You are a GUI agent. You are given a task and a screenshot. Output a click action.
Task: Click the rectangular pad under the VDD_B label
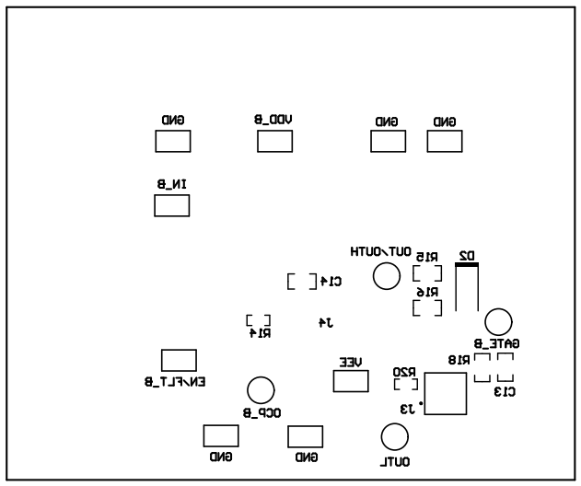[273, 141]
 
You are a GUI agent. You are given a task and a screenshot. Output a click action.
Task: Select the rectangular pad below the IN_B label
[171, 205]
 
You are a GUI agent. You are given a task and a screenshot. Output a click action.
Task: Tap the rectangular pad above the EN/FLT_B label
[179, 360]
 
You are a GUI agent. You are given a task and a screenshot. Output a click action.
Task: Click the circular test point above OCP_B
[261, 389]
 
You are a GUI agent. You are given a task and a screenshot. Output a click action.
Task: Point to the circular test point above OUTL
[393, 437]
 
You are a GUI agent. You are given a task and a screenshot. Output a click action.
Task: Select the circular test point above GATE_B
[497, 320]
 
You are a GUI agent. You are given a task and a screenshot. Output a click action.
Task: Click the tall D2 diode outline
[467, 290]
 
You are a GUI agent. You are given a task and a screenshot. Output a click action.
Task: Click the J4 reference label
[324, 322]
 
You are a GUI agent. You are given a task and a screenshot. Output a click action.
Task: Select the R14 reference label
[261, 333]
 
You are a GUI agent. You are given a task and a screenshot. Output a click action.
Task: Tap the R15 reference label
[426, 256]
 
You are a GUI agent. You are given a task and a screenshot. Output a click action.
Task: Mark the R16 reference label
[426, 291]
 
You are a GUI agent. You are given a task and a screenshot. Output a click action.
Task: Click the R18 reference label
[459, 361]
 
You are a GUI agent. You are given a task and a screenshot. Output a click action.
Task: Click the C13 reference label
[504, 391]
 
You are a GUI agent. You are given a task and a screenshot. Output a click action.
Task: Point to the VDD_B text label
[273, 120]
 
